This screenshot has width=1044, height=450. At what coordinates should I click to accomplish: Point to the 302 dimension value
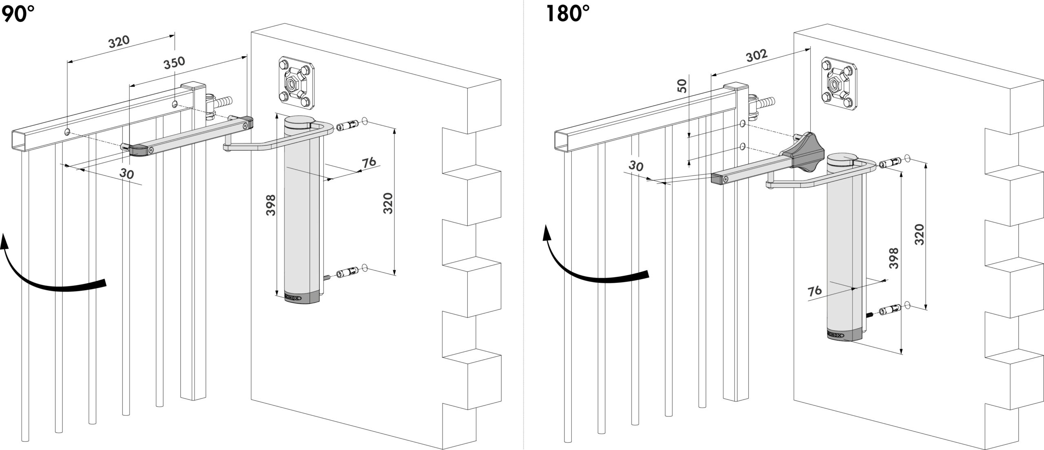(x=757, y=55)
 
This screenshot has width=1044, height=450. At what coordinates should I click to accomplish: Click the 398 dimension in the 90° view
(x=270, y=205)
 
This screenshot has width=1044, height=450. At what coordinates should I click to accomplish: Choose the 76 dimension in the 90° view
(x=369, y=162)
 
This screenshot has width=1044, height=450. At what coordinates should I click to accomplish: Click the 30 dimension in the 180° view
(x=635, y=165)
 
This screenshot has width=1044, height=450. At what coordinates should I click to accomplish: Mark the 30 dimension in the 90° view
(x=127, y=173)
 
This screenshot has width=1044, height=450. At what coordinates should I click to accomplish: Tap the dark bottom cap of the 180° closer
(x=843, y=334)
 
